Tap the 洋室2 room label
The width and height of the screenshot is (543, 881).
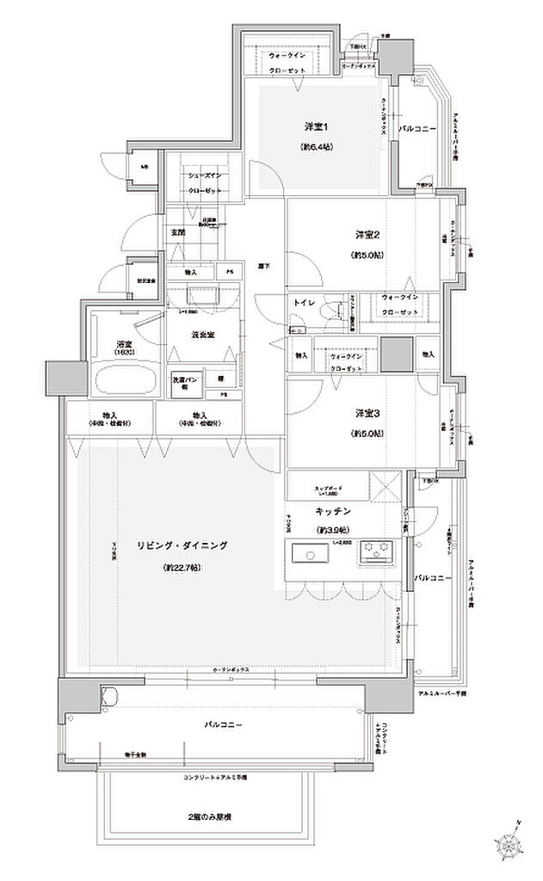click(367, 234)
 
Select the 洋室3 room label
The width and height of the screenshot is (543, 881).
click(367, 413)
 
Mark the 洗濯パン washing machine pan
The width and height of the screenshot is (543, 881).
click(188, 383)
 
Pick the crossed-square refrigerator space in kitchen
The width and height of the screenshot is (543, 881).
click(382, 489)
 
